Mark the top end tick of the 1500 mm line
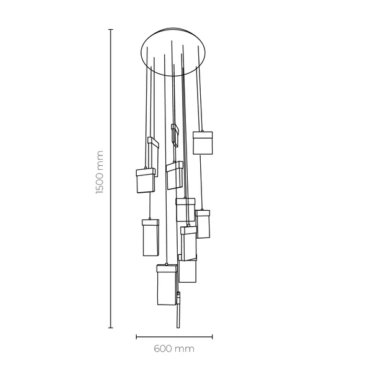[111, 29]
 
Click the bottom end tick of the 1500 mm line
[111, 327]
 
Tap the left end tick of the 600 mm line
[136, 337]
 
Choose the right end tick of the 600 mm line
[213, 337]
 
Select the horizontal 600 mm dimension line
[174, 337]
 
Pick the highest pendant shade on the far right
[203, 143]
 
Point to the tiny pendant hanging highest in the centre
[175, 135]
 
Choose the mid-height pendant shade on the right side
[203, 224]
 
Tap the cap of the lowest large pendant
[167, 268]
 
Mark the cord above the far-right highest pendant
[200, 99]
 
